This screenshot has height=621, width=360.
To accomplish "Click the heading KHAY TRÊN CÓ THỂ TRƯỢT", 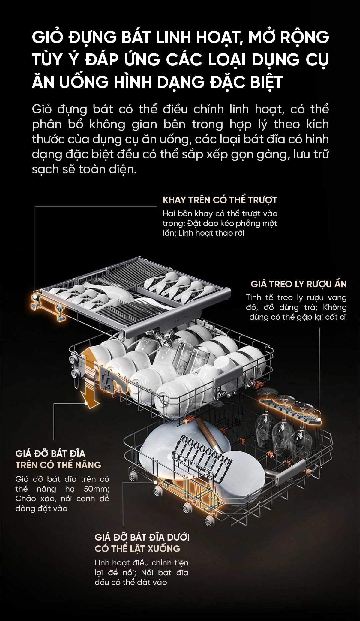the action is (x=220, y=200).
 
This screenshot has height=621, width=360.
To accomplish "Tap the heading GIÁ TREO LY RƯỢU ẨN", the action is (x=299, y=284).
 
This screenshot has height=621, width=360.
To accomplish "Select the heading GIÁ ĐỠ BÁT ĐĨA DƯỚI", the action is (x=142, y=537).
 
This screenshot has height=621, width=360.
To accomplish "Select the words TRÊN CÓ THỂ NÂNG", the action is (x=58, y=465).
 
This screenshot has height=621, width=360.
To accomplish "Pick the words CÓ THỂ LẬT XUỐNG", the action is (x=138, y=549).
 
